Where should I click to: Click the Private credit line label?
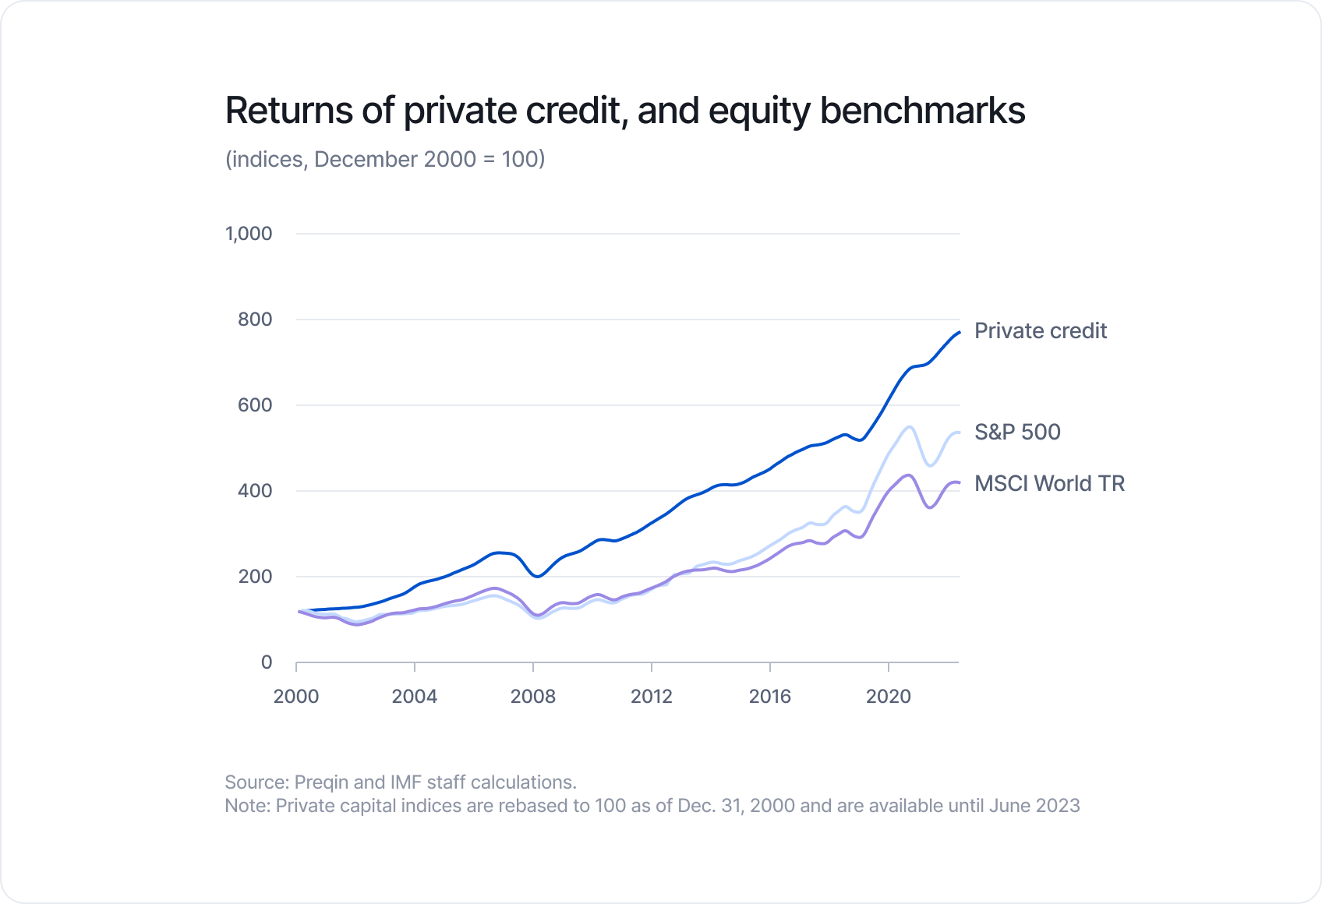click(x=1040, y=331)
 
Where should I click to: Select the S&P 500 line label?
click(x=1017, y=433)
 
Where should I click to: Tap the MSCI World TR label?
click(x=1049, y=484)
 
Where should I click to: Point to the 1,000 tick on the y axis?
click(x=249, y=234)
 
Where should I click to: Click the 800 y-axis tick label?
click(x=255, y=320)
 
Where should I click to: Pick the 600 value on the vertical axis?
click(x=255, y=405)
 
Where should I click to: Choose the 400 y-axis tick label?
click(x=255, y=491)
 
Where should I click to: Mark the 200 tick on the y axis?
click(x=255, y=577)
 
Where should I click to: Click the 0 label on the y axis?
click(x=267, y=662)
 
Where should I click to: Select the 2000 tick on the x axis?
click(x=296, y=697)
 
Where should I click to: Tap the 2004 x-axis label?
click(x=415, y=697)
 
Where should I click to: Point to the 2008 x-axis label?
click(x=533, y=697)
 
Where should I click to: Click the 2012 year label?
click(x=652, y=697)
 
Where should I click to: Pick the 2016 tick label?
click(x=770, y=697)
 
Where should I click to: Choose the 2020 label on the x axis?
click(x=889, y=697)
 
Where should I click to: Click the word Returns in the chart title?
click(x=288, y=111)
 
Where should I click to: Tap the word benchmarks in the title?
click(x=922, y=111)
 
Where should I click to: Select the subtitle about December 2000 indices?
click(x=385, y=159)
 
